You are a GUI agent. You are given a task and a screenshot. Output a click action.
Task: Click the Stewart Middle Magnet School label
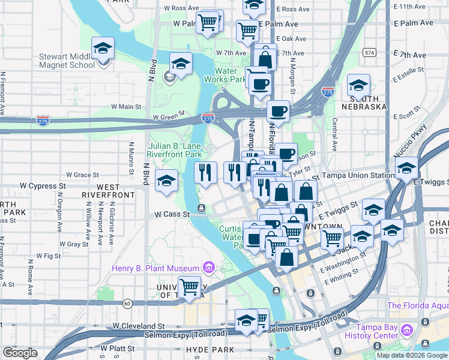pyautogui.click(x=65, y=61)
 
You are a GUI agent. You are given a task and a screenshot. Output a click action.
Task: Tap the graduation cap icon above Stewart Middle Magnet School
pyautogui.click(x=103, y=48)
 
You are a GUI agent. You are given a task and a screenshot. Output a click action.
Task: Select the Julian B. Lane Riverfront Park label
pyautogui.click(x=175, y=150)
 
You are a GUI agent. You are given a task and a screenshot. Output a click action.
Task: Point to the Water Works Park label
pyautogui.click(x=224, y=74)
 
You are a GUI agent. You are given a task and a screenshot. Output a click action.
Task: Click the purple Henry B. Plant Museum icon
pyautogui.click(x=209, y=267)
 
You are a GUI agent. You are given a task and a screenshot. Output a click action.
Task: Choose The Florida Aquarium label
pyautogui.click(x=418, y=305)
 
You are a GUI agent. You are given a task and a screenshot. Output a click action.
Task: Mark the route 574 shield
pyautogui.click(x=369, y=52)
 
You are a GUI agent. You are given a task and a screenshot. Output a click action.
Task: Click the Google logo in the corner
pyautogui.click(x=20, y=353)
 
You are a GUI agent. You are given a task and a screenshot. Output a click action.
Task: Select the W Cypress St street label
pyautogui.click(x=43, y=186)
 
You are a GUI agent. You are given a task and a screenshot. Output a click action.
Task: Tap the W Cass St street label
pyautogui.click(x=172, y=214)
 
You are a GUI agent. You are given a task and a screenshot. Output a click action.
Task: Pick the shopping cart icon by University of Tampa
pyautogui.click(x=190, y=287)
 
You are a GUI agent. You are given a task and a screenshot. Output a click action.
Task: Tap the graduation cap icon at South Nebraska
pyautogui.click(x=358, y=85)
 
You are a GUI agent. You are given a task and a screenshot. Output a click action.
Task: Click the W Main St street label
pyautogui.click(x=125, y=107)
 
